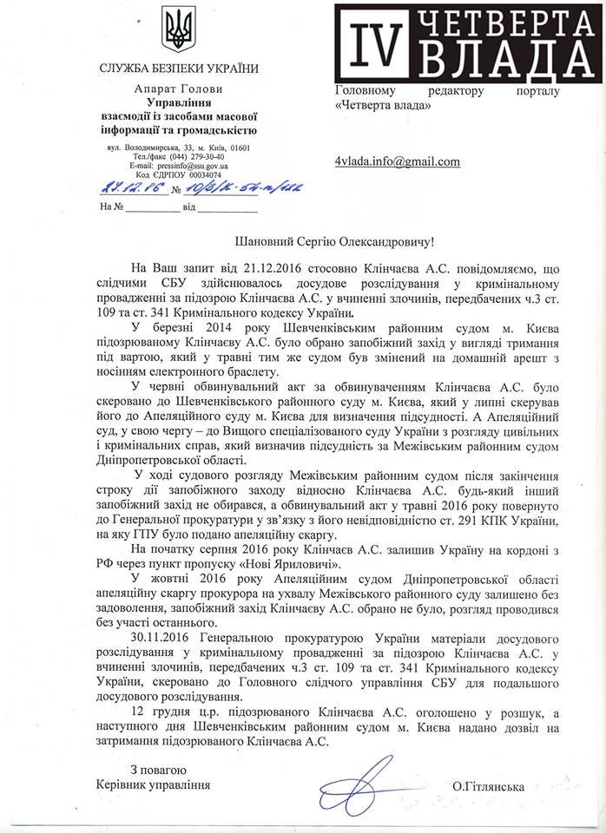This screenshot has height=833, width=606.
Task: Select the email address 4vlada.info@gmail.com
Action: pyautogui.click(x=397, y=161)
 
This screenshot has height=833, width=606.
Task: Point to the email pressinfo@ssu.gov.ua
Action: pyautogui.click(x=191, y=165)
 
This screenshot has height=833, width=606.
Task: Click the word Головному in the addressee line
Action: pyautogui.click(x=367, y=91)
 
